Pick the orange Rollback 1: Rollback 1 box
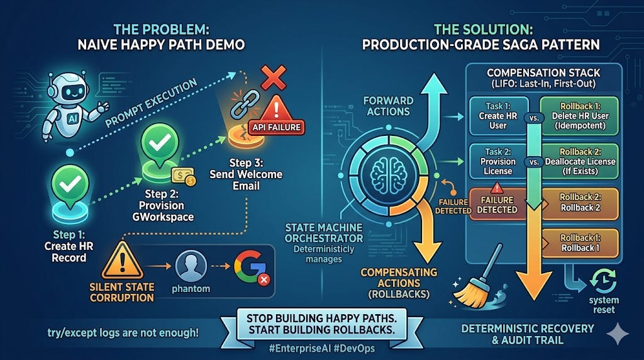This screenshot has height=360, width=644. (579, 242)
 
